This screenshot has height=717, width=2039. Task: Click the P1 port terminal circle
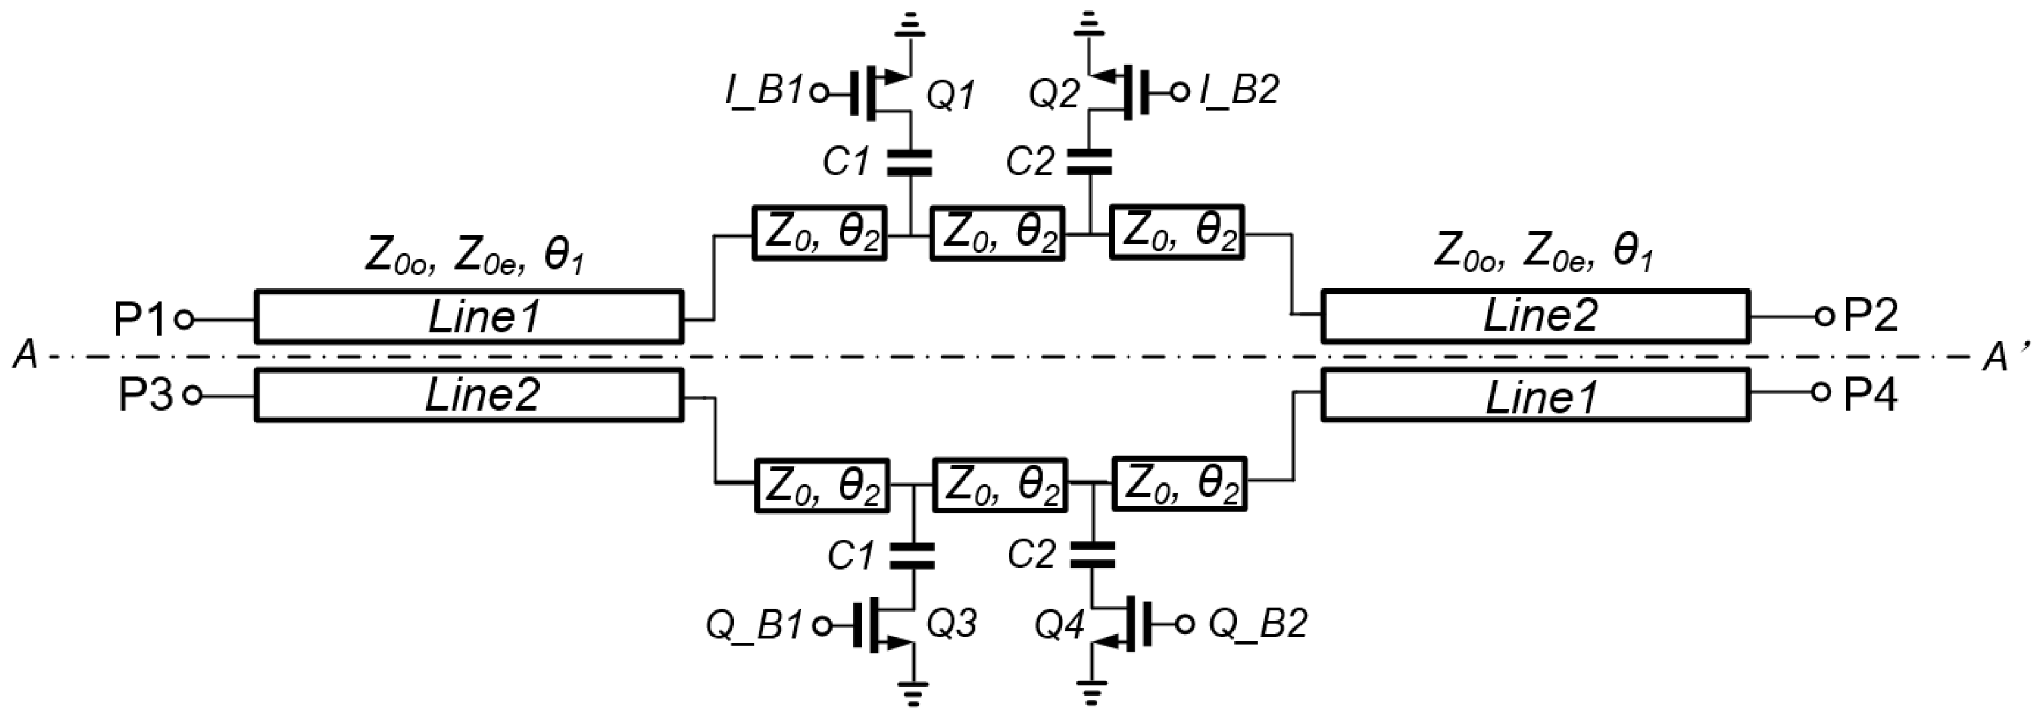coord(184,320)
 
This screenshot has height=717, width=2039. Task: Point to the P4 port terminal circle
coord(1822,392)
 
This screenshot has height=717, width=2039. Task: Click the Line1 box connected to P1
coord(468,317)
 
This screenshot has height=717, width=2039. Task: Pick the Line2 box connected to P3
coord(468,395)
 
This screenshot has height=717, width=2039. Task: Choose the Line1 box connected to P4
coord(1536,395)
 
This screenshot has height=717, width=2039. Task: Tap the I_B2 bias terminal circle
coord(1180,93)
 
